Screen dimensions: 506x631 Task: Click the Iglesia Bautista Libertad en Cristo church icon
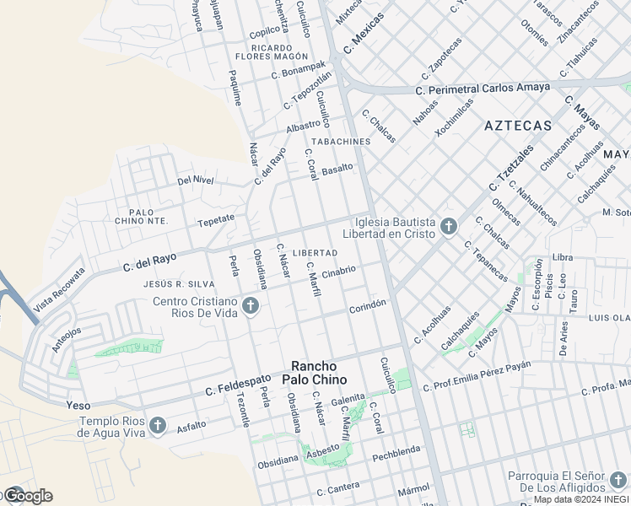[x=448, y=226]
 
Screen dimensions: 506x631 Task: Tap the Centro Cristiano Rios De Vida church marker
[x=250, y=306]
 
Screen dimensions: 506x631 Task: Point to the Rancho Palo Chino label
[x=314, y=373]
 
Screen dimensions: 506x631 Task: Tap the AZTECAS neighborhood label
[x=518, y=126]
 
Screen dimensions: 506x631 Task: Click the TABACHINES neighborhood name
[x=341, y=141]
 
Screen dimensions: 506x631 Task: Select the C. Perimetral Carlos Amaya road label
[x=483, y=89]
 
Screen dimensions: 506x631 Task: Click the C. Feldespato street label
[x=240, y=390]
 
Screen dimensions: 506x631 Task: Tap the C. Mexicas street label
[x=364, y=32]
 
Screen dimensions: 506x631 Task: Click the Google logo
[x=27, y=496]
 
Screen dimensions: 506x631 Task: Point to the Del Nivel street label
[x=196, y=180]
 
